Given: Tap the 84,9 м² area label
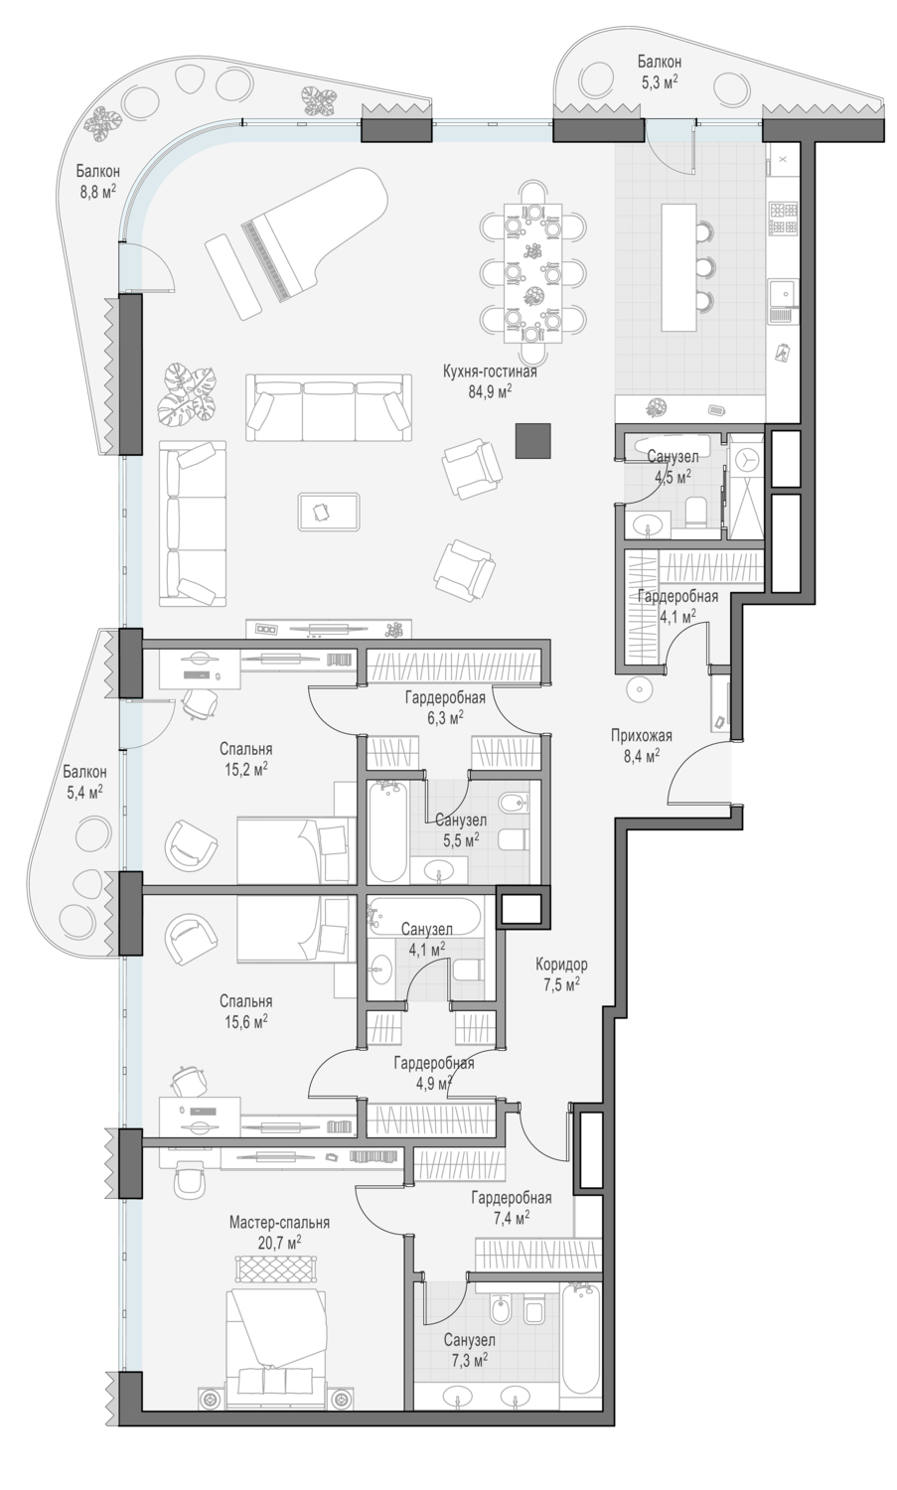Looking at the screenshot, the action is [x=490, y=391].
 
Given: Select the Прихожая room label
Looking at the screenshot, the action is [x=642, y=736].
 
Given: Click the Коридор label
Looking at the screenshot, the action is [x=561, y=964].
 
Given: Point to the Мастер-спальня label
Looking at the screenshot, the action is [x=279, y=1222].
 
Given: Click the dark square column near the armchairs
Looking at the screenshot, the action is [x=533, y=441].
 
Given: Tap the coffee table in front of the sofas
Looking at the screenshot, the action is [x=329, y=512].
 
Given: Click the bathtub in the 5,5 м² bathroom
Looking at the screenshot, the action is [x=388, y=831].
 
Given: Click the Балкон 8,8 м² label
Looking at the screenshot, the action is [x=97, y=182].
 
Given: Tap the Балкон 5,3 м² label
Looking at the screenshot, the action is [x=659, y=72].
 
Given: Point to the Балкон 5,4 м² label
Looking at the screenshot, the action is [x=84, y=782].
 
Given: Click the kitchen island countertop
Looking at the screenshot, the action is [x=678, y=267].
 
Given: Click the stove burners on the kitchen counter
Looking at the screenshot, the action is [x=783, y=219].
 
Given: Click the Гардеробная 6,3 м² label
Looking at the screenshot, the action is [x=445, y=707].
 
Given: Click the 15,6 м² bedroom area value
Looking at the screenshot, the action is [x=246, y=1021].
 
